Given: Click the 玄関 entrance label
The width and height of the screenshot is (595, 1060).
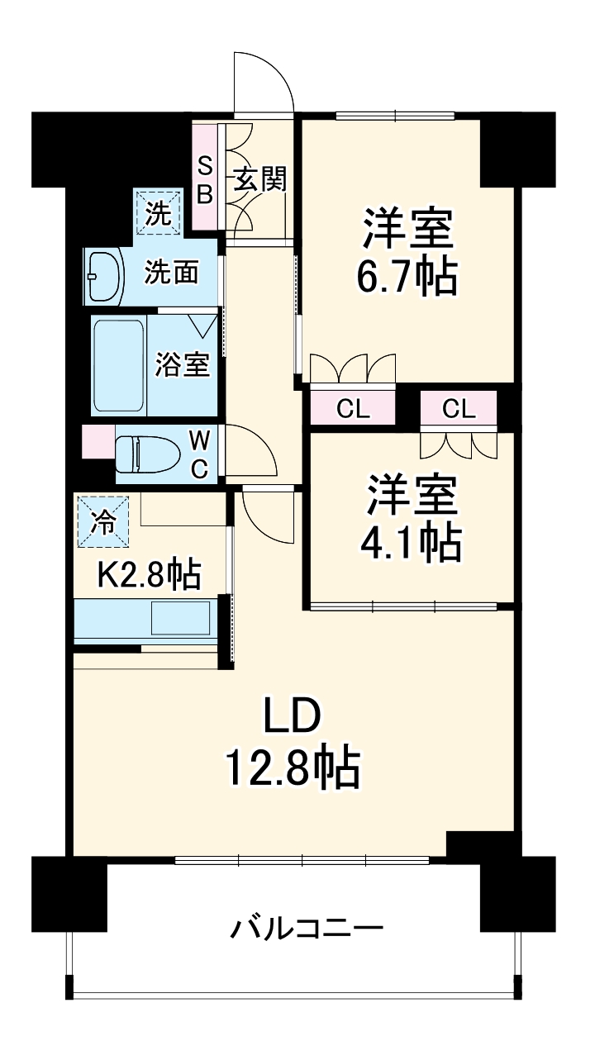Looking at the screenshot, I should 259,178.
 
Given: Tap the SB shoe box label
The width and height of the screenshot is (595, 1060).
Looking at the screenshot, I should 204,178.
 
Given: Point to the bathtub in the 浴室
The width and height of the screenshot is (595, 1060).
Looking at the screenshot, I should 119,364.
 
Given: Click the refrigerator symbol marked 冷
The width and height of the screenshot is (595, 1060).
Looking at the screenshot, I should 103,520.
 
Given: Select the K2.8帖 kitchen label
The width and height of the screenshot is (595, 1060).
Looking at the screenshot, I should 149,574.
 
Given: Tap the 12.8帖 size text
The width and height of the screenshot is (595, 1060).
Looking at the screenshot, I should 293,768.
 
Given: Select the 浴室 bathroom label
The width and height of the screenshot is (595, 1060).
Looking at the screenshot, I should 183,364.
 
